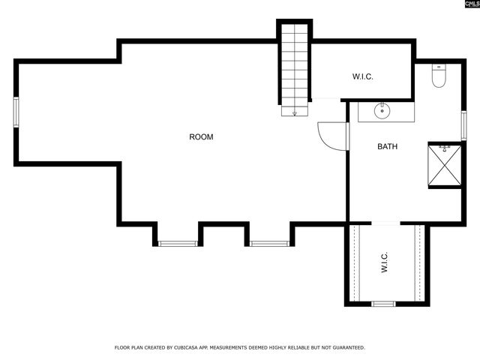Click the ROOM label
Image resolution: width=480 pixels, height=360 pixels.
201,136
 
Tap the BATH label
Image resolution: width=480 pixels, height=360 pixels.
387,146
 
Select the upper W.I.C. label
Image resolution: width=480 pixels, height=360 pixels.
363,77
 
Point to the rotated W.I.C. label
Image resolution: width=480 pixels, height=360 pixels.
384,262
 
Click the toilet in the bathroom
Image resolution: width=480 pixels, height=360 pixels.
439,76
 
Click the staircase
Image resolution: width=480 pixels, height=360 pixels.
294,67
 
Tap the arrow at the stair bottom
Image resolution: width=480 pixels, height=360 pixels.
294,112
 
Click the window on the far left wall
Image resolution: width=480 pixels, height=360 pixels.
16,112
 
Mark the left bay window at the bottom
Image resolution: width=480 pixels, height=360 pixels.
178,243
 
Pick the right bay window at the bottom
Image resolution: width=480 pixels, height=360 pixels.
269,243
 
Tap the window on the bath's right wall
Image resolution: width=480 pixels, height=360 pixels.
463,125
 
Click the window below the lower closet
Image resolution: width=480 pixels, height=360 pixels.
383,304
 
